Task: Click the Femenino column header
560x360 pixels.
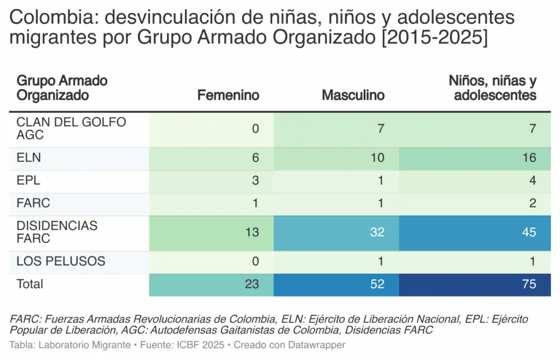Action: click(x=228, y=95)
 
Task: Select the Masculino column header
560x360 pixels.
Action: click(x=353, y=95)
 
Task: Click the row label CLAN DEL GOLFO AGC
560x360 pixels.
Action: click(x=71, y=128)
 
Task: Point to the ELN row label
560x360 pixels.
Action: click(x=29, y=158)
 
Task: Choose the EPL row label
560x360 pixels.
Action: click(x=28, y=181)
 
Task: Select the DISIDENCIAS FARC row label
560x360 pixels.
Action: click(x=57, y=232)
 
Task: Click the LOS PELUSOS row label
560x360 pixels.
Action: click(x=61, y=261)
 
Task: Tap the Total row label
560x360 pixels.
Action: click(x=30, y=284)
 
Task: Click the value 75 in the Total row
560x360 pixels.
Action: click(x=528, y=284)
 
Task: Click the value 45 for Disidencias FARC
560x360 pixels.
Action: click(x=528, y=232)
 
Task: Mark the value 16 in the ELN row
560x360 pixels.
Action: click(x=528, y=158)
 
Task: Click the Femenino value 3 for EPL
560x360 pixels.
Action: click(x=255, y=181)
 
